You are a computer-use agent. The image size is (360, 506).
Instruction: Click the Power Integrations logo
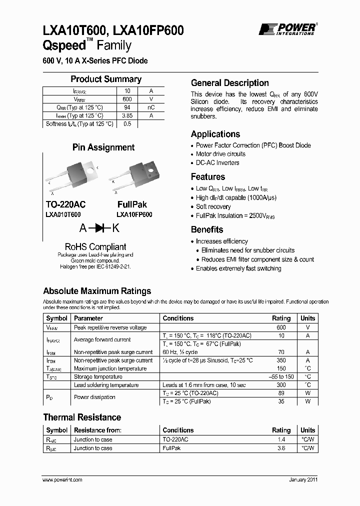pyautogui.click(x=286, y=29)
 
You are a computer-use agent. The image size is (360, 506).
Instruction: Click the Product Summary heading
pyautogui.click(x=106, y=79)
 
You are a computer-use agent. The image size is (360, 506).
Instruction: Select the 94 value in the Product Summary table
pyautogui.click(x=127, y=107)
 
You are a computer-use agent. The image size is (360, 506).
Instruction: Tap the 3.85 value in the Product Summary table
pyautogui.click(x=127, y=115)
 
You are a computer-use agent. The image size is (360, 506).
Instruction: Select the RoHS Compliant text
pyautogui.click(x=95, y=246)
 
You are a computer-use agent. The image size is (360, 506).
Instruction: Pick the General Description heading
pyautogui.click(x=230, y=83)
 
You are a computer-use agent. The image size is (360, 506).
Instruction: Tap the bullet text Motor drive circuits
pyautogui.click(x=220, y=154)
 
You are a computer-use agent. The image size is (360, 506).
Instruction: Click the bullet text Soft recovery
pyautogui.click(x=213, y=206)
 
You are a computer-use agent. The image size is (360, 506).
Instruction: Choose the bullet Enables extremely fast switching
pyautogui.click(x=238, y=268)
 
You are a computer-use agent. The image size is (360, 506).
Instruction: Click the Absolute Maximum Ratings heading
pyautogui.click(x=97, y=291)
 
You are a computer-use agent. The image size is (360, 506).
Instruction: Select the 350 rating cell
pyautogui.click(x=280, y=360)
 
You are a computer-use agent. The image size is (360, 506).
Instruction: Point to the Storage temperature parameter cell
pyautogui.click(x=98, y=377)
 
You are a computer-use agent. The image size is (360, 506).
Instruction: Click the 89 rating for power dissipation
pyautogui.click(x=280, y=393)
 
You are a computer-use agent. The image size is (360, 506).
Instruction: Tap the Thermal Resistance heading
pyautogui.click(x=82, y=417)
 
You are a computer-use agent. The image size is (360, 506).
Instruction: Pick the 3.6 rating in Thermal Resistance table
pyautogui.click(x=280, y=448)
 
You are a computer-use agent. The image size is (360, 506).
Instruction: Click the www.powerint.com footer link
pyautogui.click(x=62, y=480)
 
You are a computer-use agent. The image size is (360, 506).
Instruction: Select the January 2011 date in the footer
pyautogui.click(x=303, y=480)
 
